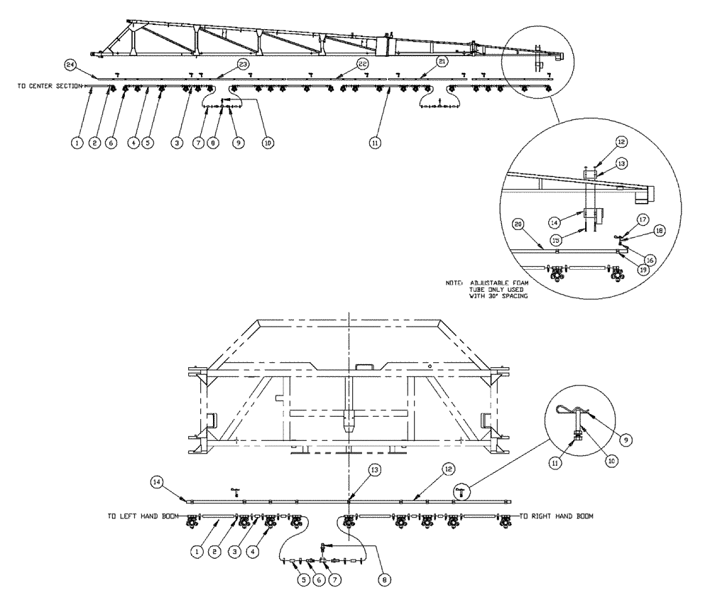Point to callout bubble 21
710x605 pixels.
coord(442,62)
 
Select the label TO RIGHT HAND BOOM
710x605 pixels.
coord(557,516)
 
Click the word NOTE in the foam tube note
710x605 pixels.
coord(454,283)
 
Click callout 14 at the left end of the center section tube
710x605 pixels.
coord(157,481)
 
